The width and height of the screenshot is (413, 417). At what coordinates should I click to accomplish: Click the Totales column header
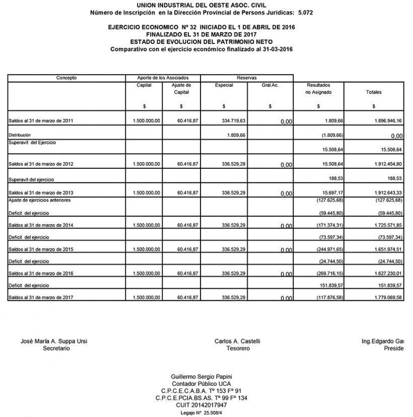(x=374, y=93)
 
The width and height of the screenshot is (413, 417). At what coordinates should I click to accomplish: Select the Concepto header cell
(x=66, y=78)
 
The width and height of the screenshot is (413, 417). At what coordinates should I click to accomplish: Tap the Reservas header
(x=246, y=78)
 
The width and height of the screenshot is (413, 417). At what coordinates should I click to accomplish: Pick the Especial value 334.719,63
(x=230, y=121)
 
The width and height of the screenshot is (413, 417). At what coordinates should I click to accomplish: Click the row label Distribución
(x=20, y=135)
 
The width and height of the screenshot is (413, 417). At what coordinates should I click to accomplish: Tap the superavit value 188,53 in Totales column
(x=393, y=179)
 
